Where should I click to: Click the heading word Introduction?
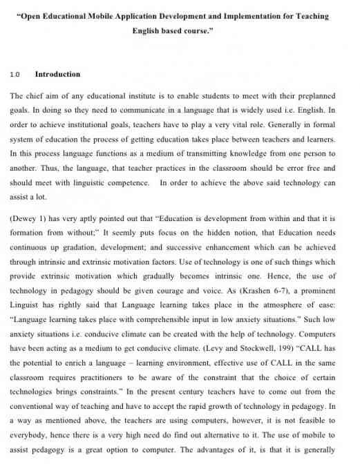(x=57, y=74)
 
